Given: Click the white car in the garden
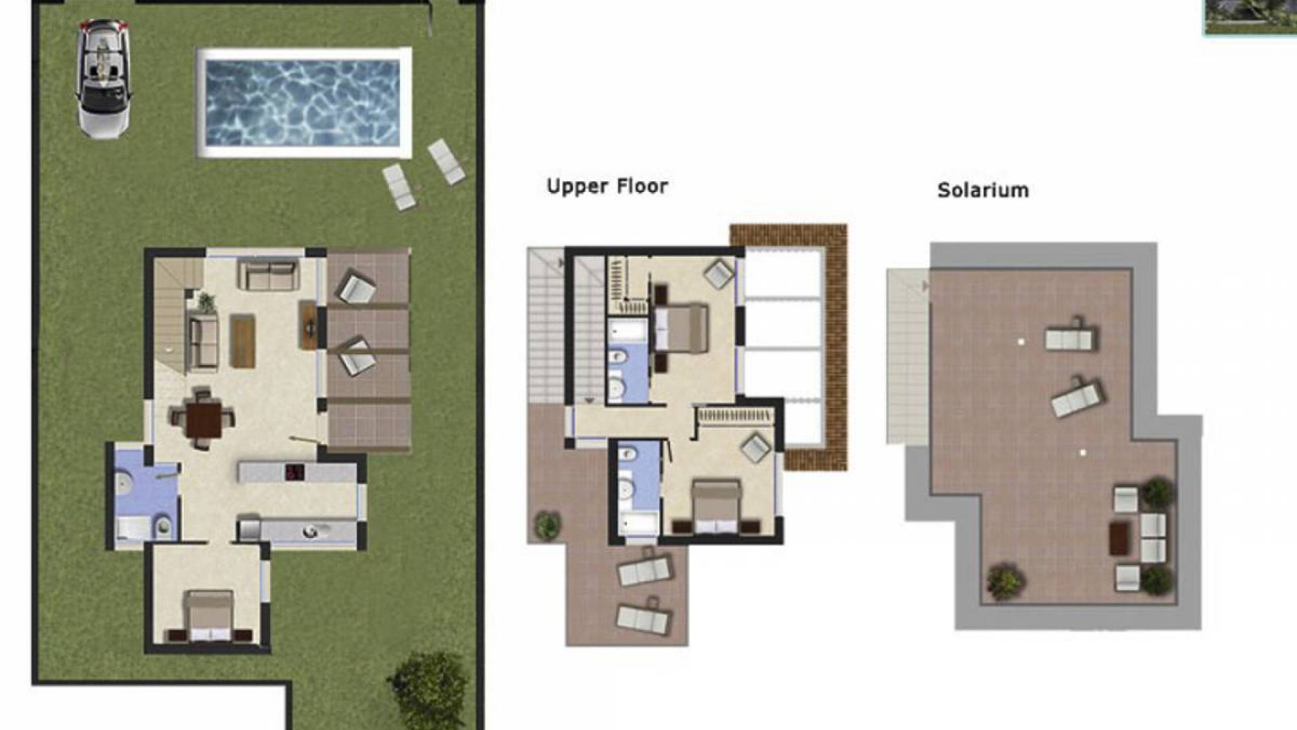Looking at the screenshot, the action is pyautogui.click(x=103, y=78).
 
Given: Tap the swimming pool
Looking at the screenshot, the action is pyautogui.click(x=303, y=103).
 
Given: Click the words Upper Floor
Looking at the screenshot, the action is pyautogui.click(x=607, y=187).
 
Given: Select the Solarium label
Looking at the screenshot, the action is pyautogui.click(x=983, y=190).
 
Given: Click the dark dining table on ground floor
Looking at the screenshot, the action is pyautogui.click(x=203, y=420).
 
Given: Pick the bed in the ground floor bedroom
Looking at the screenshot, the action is pyautogui.click(x=210, y=616).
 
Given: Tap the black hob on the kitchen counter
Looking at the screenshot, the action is pyautogui.click(x=295, y=472).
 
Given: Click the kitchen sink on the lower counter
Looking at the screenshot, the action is pyautogui.click(x=310, y=531).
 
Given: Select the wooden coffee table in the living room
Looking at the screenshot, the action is pyautogui.click(x=243, y=341).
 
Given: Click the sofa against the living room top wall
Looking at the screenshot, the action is pyautogui.click(x=269, y=275).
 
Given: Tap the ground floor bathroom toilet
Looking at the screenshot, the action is pyautogui.click(x=163, y=526).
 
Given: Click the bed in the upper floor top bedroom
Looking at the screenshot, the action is pyautogui.click(x=681, y=328).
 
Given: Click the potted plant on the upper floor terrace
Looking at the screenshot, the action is pyautogui.click(x=547, y=525).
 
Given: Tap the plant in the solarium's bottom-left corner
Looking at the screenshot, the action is pyautogui.click(x=1005, y=581).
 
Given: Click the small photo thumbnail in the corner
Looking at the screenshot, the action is pyautogui.click(x=1250, y=17).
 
